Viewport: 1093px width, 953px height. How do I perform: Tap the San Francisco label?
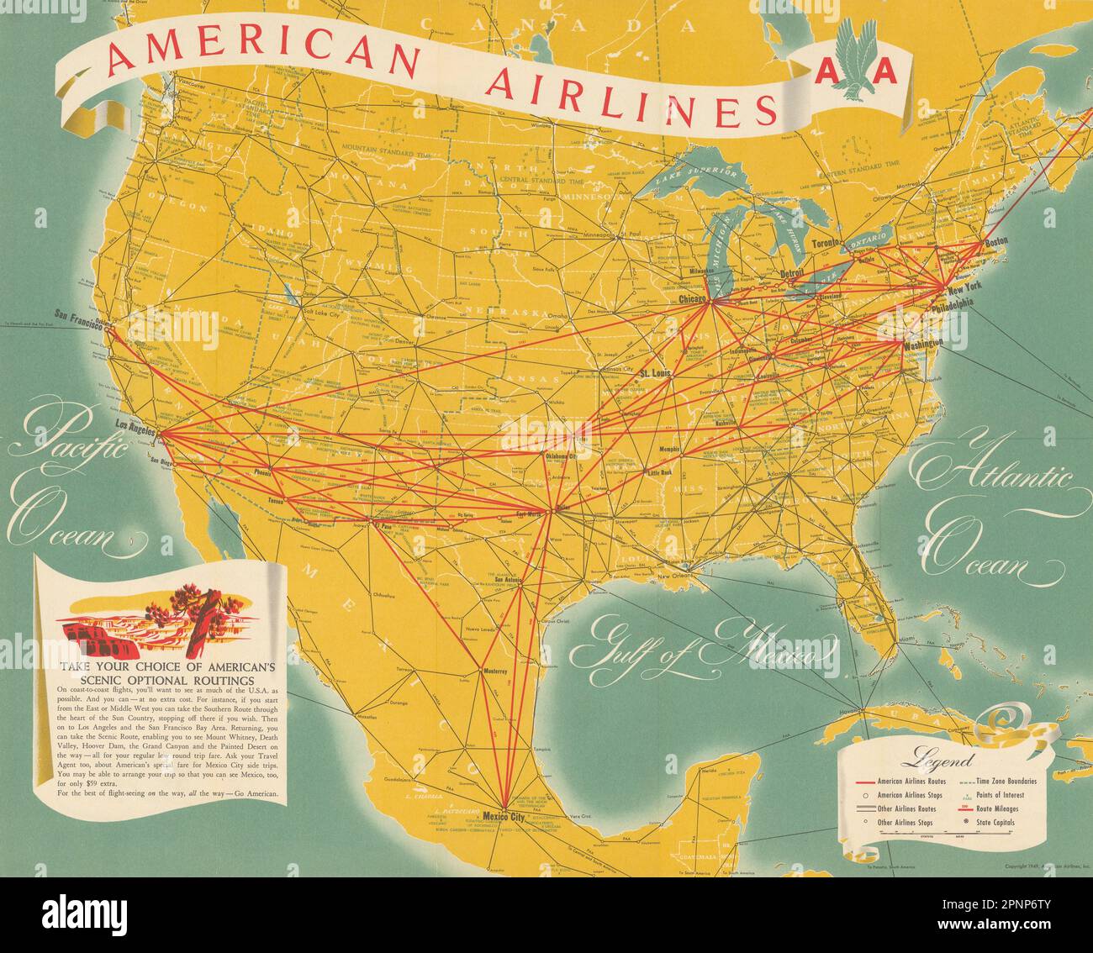[x=78, y=316]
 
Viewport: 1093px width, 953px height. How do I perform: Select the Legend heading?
[x=927, y=763]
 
